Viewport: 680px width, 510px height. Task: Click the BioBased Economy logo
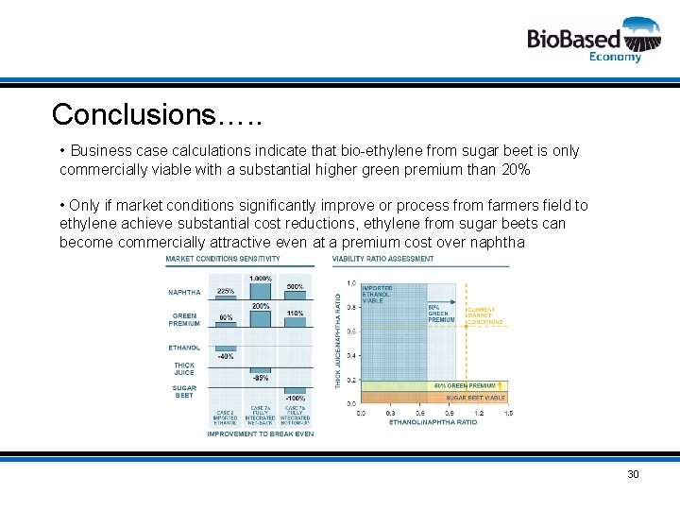pyautogui.click(x=593, y=40)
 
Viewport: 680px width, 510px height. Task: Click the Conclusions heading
pyautogui.click(x=157, y=114)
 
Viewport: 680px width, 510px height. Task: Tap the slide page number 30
pyautogui.click(x=633, y=474)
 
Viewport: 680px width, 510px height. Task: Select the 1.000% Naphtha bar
pyautogui.click(x=260, y=291)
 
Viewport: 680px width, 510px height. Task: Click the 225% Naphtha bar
pyautogui.click(x=226, y=298)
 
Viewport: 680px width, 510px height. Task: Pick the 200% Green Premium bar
pyautogui.click(x=260, y=319)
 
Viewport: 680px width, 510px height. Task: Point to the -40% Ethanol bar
pyautogui.click(x=226, y=348)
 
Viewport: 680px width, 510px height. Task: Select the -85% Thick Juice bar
pyautogui.click(x=260, y=369)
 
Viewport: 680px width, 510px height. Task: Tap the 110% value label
pyautogui.click(x=295, y=313)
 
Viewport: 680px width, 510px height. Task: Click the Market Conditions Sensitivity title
pyautogui.click(x=223, y=259)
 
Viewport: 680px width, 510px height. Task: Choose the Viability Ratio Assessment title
pyautogui.click(x=383, y=259)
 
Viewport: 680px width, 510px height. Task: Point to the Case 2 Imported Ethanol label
pyautogui.click(x=226, y=416)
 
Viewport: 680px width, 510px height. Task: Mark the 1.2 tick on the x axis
pyautogui.click(x=480, y=413)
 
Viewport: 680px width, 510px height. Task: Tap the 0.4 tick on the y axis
pyautogui.click(x=351, y=356)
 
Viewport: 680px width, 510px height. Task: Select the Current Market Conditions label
pyautogui.click(x=484, y=314)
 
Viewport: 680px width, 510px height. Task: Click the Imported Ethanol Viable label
pyautogui.click(x=378, y=295)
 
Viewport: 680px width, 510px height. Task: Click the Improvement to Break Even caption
pyautogui.click(x=260, y=433)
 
